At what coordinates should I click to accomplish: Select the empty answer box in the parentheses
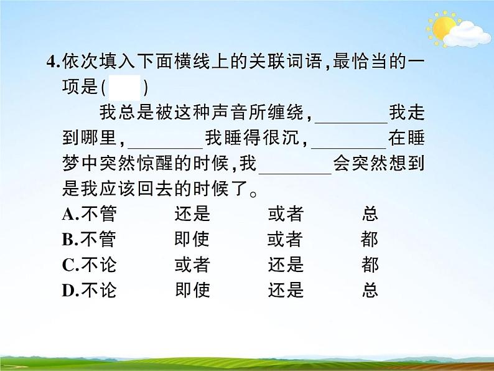click(x=128, y=87)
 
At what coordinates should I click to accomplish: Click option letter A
click(x=68, y=215)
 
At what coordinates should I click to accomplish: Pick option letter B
click(x=68, y=240)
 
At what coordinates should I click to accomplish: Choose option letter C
click(x=68, y=265)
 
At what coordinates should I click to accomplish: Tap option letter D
click(x=68, y=290)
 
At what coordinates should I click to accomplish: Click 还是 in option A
click(x=192, y=215)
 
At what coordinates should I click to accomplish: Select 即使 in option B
click(x=192, y=240)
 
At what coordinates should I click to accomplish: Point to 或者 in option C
click(x=192, y=265)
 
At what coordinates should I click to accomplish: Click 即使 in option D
click(x=192, y=290)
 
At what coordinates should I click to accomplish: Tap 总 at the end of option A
click(x=370, y=215)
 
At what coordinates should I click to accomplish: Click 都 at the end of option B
click(x=370, y=240)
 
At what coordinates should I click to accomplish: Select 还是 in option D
click(x=286, y=290)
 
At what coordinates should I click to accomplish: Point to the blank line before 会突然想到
click(x=294, y=173)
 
